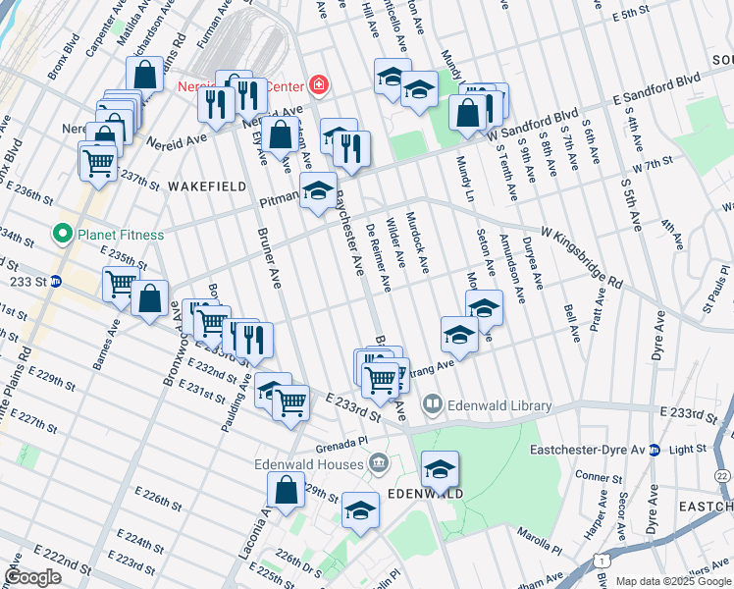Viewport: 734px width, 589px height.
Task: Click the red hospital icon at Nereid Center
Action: (x=318, y=85)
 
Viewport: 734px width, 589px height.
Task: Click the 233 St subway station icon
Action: (x=56, y=281)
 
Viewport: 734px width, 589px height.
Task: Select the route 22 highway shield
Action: (x=722, y=475)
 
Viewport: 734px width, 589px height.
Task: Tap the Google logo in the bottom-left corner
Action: (x=33, y=577)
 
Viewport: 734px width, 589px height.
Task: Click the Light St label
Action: (x=687, y=449)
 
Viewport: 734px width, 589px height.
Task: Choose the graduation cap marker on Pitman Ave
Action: (x=318, y=190)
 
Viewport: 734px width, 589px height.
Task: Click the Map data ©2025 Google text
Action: (x=673, y=581)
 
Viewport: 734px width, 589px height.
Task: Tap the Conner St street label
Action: (x=594, y=476)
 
